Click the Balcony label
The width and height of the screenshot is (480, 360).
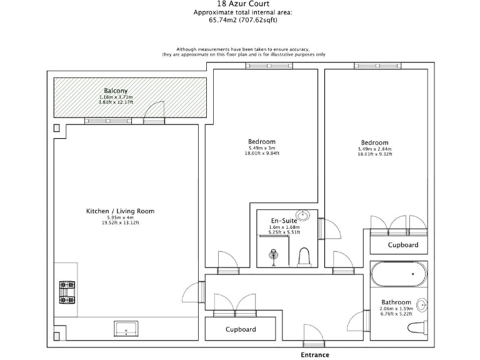click(x=116, y=91)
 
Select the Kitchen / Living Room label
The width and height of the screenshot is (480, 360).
click(x=120, y=211)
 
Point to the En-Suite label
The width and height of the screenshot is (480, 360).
click(x=284, y=220)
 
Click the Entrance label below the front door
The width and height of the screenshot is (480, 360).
click(x=315, y=354)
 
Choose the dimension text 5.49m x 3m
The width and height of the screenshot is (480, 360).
click(x=261, y=148)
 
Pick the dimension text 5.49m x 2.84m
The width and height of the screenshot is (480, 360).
click(x=374, y=149)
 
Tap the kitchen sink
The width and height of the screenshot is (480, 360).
click(x=129, y=328)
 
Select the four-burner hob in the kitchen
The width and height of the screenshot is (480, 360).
click(x=67, y=292)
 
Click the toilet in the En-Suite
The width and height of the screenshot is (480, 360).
click(x=304, y=257)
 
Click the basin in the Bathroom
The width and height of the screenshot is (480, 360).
click(x=422, y=306)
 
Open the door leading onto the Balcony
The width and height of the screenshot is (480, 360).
click(x=153, y=113)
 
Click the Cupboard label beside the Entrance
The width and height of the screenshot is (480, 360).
click(x=241, y=329)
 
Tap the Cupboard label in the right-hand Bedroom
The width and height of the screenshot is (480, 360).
click(x=402, y=245)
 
